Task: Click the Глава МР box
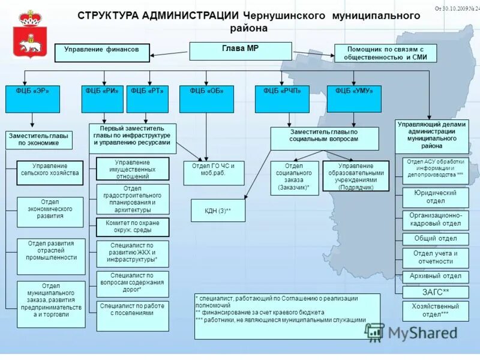241,51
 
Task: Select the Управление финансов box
102,53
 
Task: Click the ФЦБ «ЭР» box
32,99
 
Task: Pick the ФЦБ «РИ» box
103,99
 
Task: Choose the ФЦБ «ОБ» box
206,99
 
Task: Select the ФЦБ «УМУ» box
354,99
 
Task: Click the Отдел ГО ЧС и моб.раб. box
214,173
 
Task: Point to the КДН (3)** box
218,211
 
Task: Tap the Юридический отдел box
435,197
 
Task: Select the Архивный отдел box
435,276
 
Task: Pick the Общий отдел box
435,239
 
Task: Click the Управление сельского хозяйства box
50,173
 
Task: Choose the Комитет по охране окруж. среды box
133,227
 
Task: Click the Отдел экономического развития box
50,212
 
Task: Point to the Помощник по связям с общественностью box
385,53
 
